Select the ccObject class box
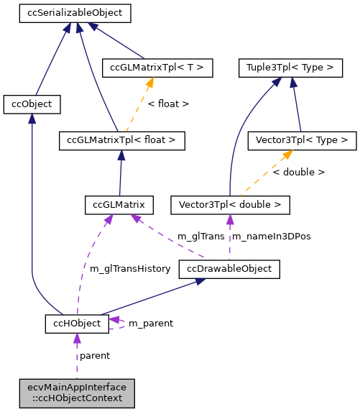pos(32,104)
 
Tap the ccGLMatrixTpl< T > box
pos(157,68)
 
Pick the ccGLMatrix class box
pos(119,205)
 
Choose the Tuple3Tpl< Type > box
pos(290,68)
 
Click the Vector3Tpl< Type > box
pos(301,140)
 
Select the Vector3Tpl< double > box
pos(230,205)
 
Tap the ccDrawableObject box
pos(229,269)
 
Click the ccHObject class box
pos(77,324)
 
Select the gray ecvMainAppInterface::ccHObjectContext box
pos(76,392)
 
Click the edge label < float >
pos(168,104)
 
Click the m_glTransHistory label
pos(130,269)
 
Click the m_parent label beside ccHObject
pos(150,324)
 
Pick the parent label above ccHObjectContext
pos(94,355)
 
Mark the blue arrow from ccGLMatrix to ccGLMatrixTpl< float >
pos(120,173)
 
